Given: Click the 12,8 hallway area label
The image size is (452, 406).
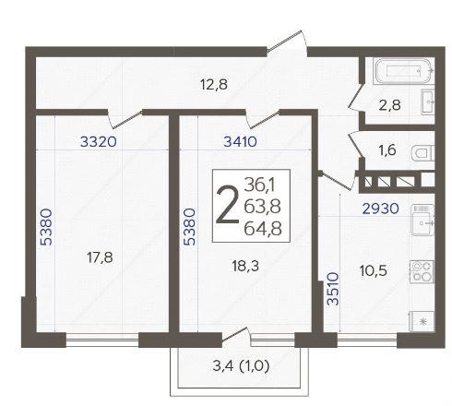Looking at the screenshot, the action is (214, 84).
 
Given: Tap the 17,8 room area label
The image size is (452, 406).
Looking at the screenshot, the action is (100, 257).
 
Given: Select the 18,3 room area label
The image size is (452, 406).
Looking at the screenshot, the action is (245, 266).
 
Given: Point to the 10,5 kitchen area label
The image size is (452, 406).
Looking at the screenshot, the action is (374, 270).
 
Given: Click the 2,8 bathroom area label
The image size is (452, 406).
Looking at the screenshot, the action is (390, 105).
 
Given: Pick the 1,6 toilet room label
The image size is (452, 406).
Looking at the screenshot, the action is (387, 150).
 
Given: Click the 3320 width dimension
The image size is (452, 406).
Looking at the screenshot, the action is (99, 142).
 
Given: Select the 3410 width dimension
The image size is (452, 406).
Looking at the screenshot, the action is (240, 142).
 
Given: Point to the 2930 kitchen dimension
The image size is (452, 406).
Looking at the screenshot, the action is (381, 209).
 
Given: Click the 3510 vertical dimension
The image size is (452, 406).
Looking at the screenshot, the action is (333, 289).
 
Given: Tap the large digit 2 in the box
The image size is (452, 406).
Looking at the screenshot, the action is (228, 206).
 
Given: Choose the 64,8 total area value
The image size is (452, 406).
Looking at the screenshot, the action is (263, 229).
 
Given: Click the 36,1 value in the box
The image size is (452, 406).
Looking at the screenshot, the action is (260, 185).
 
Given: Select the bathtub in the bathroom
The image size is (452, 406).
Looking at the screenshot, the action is (403, 71).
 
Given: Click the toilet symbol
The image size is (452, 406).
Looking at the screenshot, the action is (422, 153).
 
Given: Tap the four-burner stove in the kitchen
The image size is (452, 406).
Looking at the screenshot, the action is (422, 271).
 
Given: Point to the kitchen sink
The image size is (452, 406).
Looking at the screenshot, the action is (422, 221).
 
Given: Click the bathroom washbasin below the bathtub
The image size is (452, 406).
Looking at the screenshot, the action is (428, 101).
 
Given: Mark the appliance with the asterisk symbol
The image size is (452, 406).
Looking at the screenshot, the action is (422, 322).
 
